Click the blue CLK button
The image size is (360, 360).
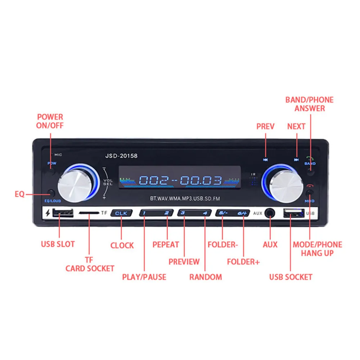[121, 213]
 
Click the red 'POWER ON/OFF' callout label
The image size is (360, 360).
[50, 121]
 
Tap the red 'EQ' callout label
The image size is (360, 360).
[20, 194]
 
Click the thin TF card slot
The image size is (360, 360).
[89, 213]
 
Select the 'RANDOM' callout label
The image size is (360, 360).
[206, 277]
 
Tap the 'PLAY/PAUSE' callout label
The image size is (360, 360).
[144, 277]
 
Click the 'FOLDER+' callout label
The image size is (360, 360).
[243, 262]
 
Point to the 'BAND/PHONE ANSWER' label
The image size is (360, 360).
[310, 104]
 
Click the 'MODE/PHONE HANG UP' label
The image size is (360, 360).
[317, 249]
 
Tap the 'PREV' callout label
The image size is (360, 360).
[265, 126]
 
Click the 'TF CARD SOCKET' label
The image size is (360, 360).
[90, 264]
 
